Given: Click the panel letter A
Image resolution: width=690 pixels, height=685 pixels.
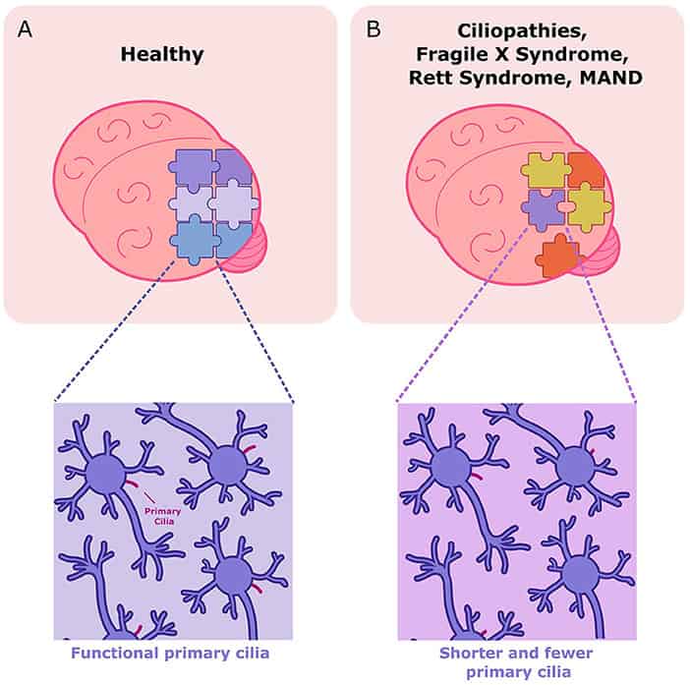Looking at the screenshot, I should tap(26, 29).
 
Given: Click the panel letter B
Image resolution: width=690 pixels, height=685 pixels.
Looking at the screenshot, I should tap(373, 29).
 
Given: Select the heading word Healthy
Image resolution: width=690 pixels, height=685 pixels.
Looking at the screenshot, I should tap(162, 54).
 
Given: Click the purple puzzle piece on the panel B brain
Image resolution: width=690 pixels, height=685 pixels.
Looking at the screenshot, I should tap(543, 207).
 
